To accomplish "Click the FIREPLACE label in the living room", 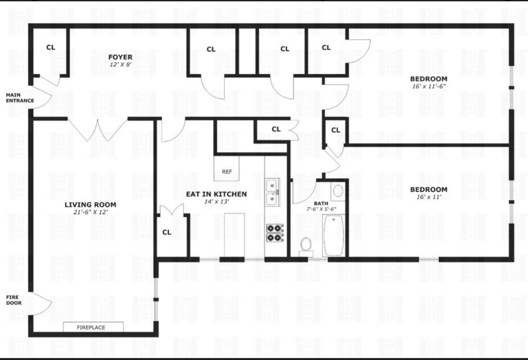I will [x=91, y=327].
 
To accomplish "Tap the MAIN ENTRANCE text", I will [x=20, y=98].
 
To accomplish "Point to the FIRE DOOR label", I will [x=14, y=300].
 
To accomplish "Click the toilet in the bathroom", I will [x=306, y=245].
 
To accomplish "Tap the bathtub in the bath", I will [x=334, y=235].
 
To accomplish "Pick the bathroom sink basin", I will [x=338, y=190].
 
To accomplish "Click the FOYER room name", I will [x=120, y=57].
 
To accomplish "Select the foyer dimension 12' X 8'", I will [x=121, y=65].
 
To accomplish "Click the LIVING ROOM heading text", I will [x=90, y=204].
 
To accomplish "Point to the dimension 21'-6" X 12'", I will [x=90, y=212].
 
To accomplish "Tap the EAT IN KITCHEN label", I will [x=216, y=194].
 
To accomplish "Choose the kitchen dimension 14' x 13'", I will [x=216, y=202].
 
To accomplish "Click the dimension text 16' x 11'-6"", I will [x=429, y=86].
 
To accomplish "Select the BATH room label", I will [x=321, y=203].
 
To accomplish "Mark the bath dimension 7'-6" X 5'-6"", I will [x=321, y=209].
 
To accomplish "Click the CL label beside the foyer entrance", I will [x=51, y=47].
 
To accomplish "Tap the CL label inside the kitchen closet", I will [x=167, y=232].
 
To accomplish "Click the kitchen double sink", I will [x=272, y=192].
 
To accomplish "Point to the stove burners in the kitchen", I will [x=274, y=233].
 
